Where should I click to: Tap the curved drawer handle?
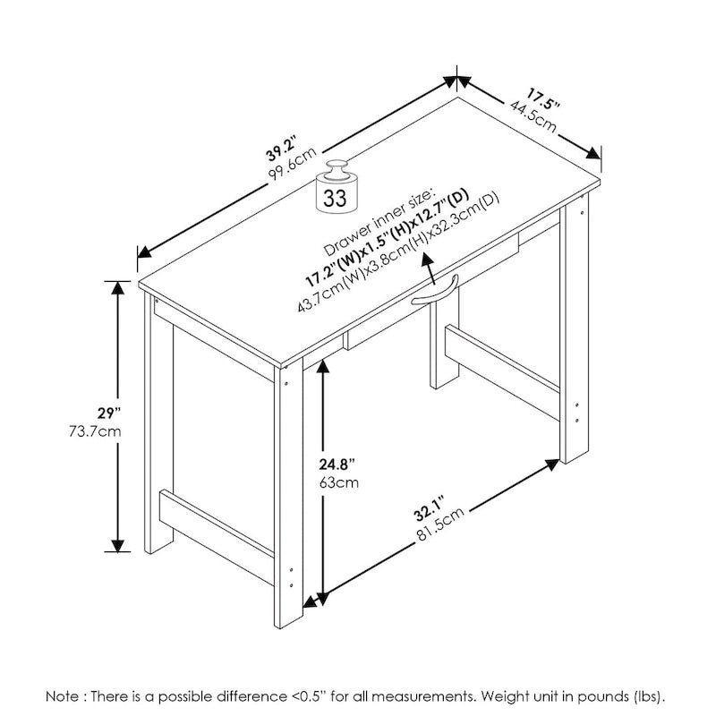point(435,292)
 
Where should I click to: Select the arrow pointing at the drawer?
point(430,265)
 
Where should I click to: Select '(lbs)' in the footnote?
point(648,695)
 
